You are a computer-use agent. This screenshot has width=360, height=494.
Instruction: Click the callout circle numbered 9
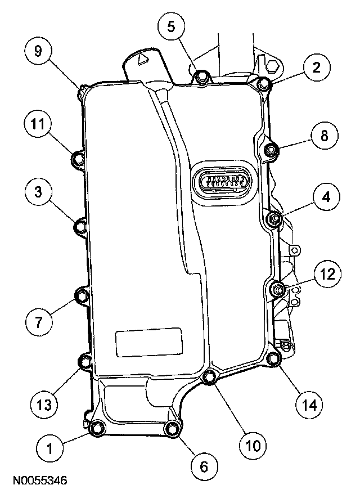[38, 51]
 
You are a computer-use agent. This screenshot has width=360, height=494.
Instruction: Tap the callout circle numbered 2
[316, 68]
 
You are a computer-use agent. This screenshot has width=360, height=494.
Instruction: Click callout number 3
[38, 192]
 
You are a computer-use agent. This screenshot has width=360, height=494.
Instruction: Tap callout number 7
[38, 322]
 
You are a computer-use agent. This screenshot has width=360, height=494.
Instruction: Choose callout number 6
[204, 465]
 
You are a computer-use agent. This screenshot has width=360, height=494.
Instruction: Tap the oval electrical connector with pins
[223, 183]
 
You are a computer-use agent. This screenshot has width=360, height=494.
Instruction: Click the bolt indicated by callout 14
[273, 359]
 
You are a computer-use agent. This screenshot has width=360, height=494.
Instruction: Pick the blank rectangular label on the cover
[148, 342]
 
